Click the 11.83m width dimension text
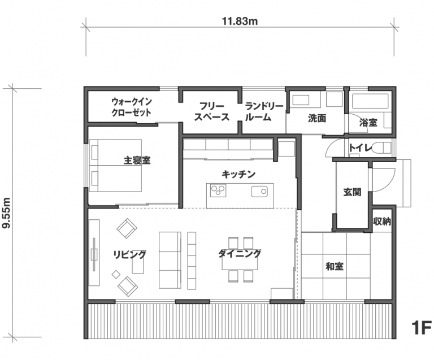(240, 21)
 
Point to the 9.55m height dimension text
(6, 213)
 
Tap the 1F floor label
(421, 328)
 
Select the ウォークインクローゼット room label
(132, 107)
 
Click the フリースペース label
(212, 111)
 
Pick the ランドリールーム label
(264, 111)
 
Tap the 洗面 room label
(317, 118)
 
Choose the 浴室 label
(368, 122)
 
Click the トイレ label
(361, 148)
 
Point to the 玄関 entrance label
(353, 192)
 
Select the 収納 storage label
(382, 221)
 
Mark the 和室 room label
(335, 266)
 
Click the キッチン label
(238, 174)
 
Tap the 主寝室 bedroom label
(137, 160)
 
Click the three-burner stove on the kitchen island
(218, 190)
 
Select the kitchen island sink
(259, 192)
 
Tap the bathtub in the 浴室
(370, 101)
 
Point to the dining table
(240, 259)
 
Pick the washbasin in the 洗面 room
(300, 100)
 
